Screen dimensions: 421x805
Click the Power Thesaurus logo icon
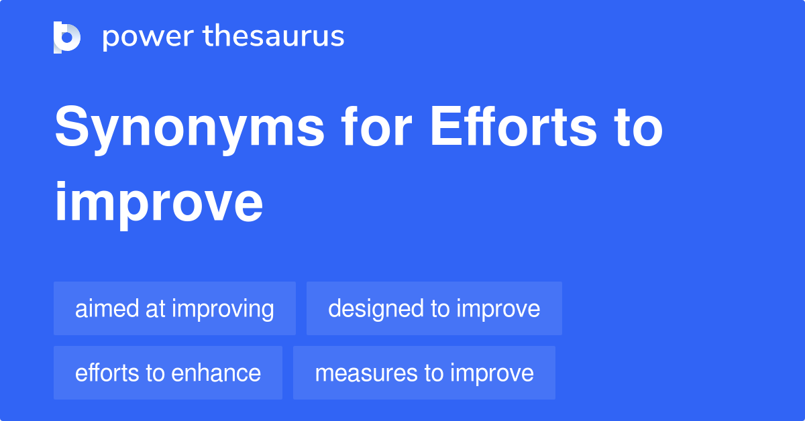pyautogui.click(x=67, y=38)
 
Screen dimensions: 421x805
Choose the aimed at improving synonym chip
pyautogui.click(x=174, y=308)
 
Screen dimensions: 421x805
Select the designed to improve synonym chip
pyautogui.click(x=434, y=308)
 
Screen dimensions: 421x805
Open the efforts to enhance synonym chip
pyautogui.click(x=168, y=373)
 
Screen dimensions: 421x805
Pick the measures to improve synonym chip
pyautogui.click(x=424, y=373)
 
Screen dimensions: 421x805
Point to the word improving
pyautogui.click(x=223, y=308)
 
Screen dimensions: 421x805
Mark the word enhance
pyautogui.click(x=216, y=373)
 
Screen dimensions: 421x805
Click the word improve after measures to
pyautogui.click(x=492, y=373)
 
